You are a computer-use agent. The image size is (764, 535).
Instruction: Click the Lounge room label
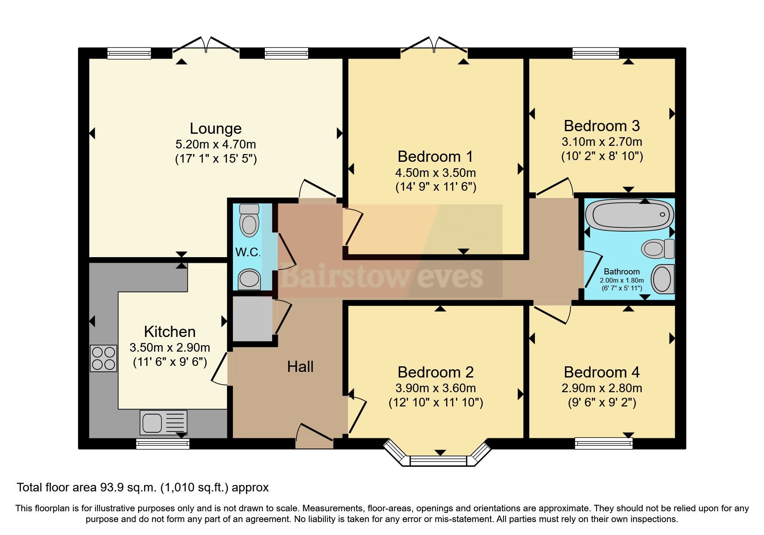(216, 129)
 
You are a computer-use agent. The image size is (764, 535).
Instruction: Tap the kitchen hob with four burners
(104, 358)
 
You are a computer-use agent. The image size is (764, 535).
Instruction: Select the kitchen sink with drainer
(163, 422)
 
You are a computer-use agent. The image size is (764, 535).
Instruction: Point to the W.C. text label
(248, 252)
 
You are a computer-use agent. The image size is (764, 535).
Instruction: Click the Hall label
(300, 367)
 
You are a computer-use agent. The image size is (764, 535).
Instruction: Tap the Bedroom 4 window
(604, 443)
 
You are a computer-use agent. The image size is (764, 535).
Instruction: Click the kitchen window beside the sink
(163, 444)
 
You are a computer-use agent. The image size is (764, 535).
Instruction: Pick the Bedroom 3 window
(595, 53)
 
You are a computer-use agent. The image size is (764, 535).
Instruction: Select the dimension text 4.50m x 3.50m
(435, 173)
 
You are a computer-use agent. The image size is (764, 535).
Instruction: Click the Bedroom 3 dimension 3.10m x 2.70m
(602, 142)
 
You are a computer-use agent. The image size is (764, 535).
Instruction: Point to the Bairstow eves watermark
(382, 276)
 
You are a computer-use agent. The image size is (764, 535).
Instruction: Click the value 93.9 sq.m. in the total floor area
(129, 488)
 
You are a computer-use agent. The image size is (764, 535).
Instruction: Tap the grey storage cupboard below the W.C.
(252, 319)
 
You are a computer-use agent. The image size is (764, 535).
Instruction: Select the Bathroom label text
(622, 271)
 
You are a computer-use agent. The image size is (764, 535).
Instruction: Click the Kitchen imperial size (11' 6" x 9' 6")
(170, 362)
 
